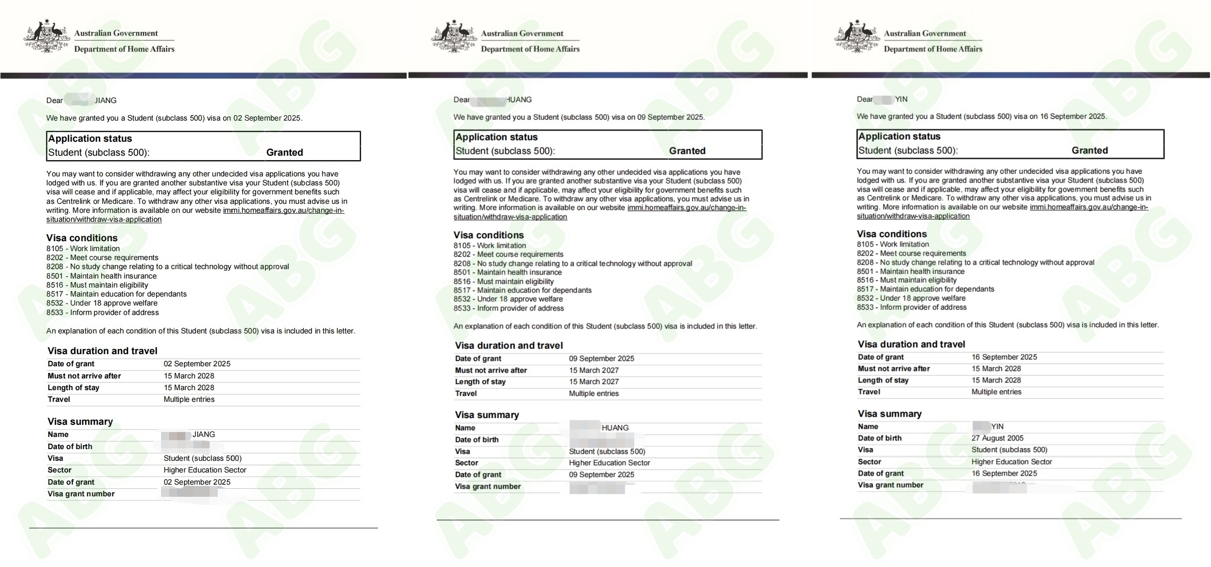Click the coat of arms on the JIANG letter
tap(46, 36)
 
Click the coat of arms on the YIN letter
tap(857, 36)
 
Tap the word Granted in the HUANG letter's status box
tap(687, 151)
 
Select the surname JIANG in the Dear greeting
tap(106, 101)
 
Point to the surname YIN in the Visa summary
tap(997, 427)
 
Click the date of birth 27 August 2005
tap(997, 438)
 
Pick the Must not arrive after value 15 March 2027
tap(594, 370)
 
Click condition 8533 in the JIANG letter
tap(103, 313)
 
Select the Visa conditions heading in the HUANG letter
tap(489, 235)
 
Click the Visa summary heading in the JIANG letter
tap(80, 422)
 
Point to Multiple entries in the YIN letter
tap(996, 392)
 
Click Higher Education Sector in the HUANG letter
tap(609, 463)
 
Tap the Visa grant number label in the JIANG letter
tap(81, 494)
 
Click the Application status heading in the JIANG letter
tap(90, 139)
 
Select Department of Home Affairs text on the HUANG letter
tap(530, 49)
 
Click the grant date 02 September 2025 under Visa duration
tap(197, 364)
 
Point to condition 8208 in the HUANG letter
tap(573, 264)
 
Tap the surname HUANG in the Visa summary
tap(615, 428)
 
